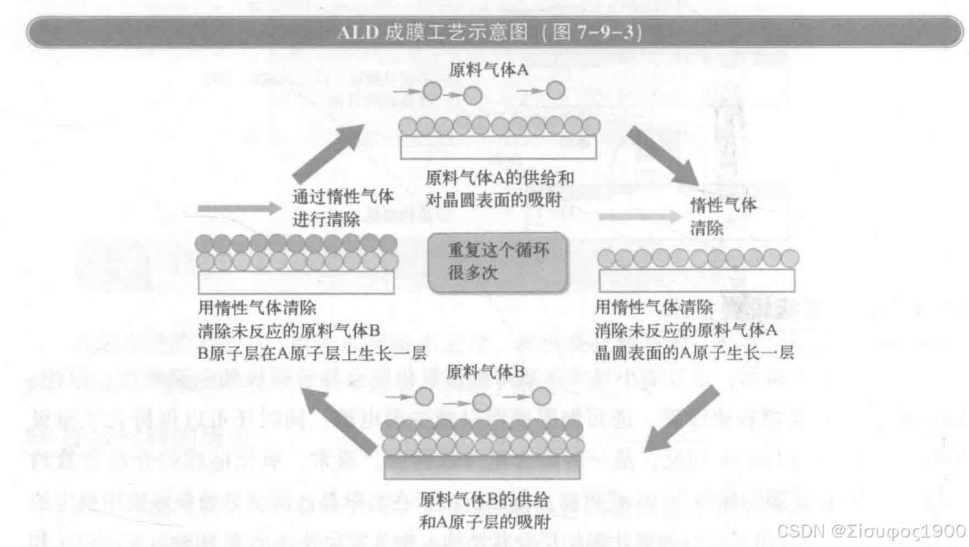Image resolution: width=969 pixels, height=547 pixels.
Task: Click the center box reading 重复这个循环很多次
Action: point(498,262)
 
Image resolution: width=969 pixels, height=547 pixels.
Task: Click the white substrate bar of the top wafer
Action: point(498,148)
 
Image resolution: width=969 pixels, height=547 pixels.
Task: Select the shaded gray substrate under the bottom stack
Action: point(483,468)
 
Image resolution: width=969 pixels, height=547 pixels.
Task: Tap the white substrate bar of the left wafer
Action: point(297,282)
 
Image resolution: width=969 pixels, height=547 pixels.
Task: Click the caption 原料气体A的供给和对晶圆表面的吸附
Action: point(500,187)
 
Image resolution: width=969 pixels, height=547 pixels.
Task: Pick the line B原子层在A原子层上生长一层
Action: point(312,352)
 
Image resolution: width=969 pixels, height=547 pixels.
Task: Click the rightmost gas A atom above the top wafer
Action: point(556,90)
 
